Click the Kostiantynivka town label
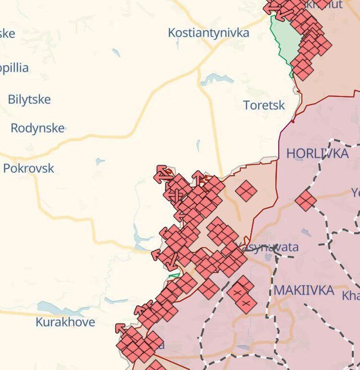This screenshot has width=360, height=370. tap(208, 33)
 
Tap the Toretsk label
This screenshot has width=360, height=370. tap(264, 105)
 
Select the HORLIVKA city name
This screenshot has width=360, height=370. tap(318, 153)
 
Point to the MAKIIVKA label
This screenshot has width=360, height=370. tap(304, 291)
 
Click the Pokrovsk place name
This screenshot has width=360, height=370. tap(29, 168)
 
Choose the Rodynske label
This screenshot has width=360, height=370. tap(38, 128)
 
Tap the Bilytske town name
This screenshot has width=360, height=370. tap(29, 100)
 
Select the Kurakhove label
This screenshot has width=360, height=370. tap(65, 322)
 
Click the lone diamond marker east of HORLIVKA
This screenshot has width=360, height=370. tap(306, 201)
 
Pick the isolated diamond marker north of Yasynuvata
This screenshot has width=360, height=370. tap(246, 191)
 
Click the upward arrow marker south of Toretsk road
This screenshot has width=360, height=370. tap(198, 178)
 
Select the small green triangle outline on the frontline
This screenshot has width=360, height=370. tap(174, 275)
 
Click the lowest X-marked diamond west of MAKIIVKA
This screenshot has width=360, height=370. tap(246, 304)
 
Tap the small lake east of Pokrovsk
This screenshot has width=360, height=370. tap(100, 162)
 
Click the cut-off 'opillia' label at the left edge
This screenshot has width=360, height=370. tap(14, 68)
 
